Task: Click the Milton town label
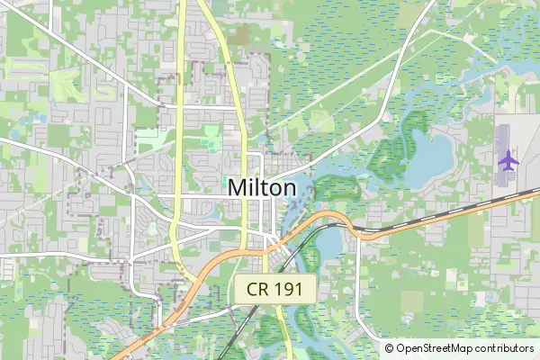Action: pos(262,188)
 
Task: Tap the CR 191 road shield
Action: pos(276,290)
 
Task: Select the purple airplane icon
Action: pos(508,161)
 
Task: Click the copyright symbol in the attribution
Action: pos(390,348)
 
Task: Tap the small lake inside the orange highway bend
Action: pos(328,243)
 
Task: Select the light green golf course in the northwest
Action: pos(67,85)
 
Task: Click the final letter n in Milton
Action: pos(289,188)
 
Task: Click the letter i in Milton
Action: pos(253,188)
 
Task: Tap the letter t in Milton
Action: pos(265,188)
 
